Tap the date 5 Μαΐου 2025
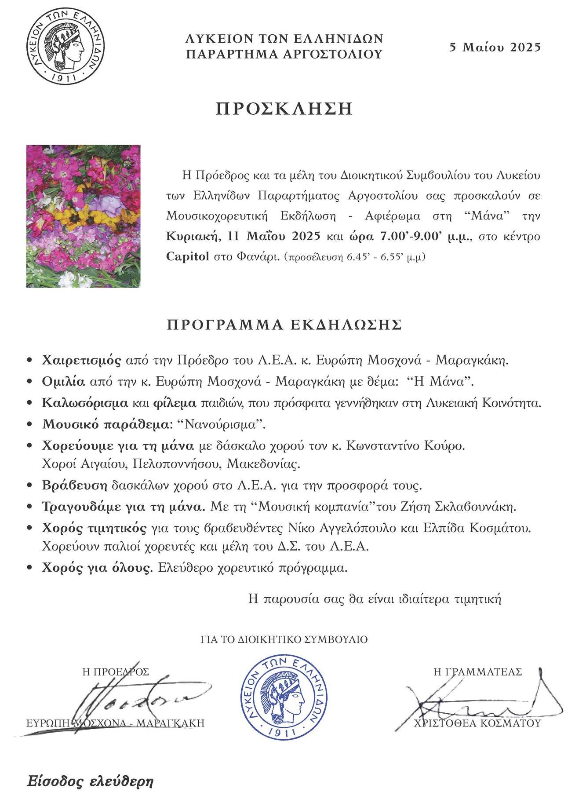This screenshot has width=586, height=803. pos(495,47)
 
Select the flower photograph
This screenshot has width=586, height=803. pos(84,216)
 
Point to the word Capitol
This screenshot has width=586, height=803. pos(188,257)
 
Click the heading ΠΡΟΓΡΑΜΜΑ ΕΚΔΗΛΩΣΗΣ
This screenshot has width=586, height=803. pos(284,325)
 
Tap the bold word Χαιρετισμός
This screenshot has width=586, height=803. pos(81,361)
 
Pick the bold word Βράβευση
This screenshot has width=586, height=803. pos(75,485)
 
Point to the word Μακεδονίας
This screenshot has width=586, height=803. pos(269,464)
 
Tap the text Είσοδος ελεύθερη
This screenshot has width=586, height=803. pos(90,782)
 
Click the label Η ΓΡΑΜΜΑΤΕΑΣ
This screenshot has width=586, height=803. pos(477,672)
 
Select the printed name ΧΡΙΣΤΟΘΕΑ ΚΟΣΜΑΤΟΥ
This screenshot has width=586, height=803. pos(477,723)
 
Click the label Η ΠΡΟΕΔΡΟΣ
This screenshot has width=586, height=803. pos(116,672)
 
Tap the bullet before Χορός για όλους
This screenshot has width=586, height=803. pos(30,568)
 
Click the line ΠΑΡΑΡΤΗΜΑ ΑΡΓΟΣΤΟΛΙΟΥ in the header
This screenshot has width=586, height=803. pos(284,55)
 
